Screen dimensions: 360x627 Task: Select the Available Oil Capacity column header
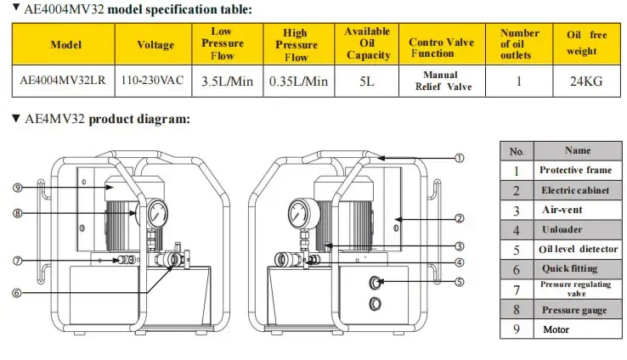[367, 44]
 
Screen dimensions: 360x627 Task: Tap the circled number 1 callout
[459, 158]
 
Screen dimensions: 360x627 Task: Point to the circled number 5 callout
[459, 282]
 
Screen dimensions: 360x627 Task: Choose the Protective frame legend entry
[574, 170]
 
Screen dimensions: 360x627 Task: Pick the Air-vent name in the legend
[560, 210]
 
